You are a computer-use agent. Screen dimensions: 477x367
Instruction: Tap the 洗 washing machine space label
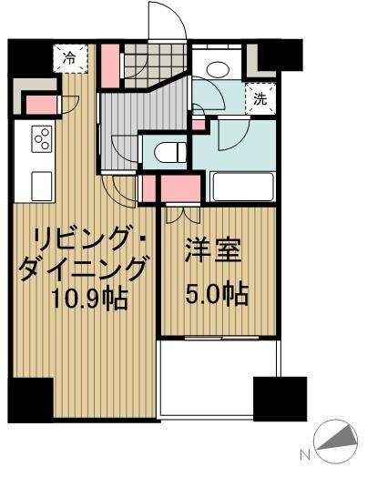point(260,99)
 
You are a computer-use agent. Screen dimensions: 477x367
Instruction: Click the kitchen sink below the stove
point(41,185)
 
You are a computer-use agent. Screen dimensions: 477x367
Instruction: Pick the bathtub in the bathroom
point(242,187)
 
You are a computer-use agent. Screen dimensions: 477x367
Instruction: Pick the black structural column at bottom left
point(28,397)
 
